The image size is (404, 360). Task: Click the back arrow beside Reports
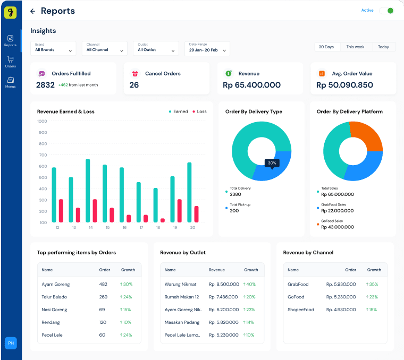pyautogui.click(x=33, y=11)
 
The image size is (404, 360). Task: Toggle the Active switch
pyautogui.click(x=386, y=11)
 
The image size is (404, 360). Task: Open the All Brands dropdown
pyautogui.click(x=53, y=48)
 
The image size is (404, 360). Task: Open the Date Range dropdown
pyautogui.click(x=207, y=48)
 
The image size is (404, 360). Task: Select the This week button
pyautogui.click(x=356, y=47)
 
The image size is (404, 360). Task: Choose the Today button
pyautogui.click(x=383, y=47)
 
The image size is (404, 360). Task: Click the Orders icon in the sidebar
pyautogui.click(x=10, y=61)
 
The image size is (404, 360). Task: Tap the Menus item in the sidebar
pyautogui.click(x=10, y=82)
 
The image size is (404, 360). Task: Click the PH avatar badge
pyautogui.click(x=11, y=344)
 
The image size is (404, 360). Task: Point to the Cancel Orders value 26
pyautogui.click(x=134, y=85)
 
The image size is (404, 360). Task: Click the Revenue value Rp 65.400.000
pyautogui.click(x=251, y=85)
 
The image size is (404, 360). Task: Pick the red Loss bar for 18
pyautogui.click(x=163, y=220)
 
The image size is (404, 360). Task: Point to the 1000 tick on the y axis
pyautogui.click(x=42, y=121)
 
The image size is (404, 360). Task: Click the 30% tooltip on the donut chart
pyautogui.click(x=272, y=163)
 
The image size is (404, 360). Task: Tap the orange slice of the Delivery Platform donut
pyautogui.click(x=367, y=135)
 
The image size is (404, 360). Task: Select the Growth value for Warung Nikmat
pyautogui.click(x=249, y=284)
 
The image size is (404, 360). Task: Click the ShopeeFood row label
pyautogui.click(x=301, y=310)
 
